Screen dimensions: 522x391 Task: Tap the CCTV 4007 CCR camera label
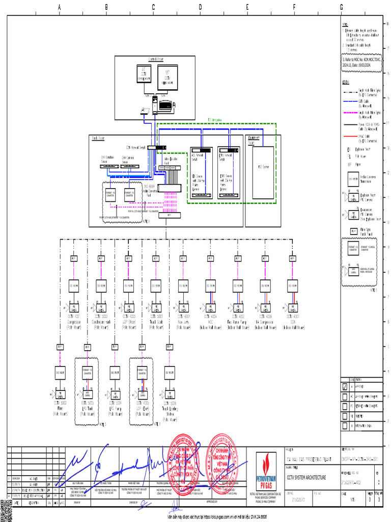[292, 319]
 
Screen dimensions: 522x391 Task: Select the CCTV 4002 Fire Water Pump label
[237, 319]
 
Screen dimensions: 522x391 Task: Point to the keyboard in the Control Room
[165, 106]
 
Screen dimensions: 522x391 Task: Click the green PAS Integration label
[214, 120]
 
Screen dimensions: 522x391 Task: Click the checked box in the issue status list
[345, 387]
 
